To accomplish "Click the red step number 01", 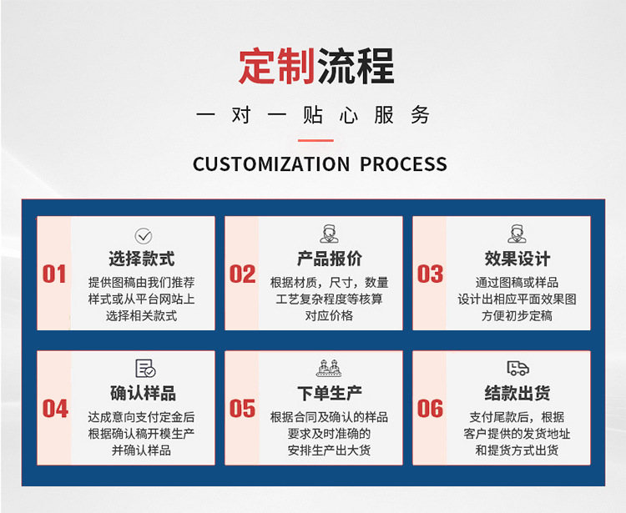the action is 54,274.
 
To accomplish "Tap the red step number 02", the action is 242,274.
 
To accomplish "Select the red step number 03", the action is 430,274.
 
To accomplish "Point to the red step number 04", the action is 55,409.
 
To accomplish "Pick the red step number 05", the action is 242,409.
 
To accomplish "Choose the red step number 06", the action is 430,409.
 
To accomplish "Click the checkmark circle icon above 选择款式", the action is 144,236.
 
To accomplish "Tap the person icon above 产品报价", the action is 330,234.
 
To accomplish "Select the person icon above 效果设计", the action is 517,234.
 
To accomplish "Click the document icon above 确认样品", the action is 145,369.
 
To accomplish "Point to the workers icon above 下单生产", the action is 330,368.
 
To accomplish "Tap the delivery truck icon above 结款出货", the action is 517,369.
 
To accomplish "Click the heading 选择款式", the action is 142,259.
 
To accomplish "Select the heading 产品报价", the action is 330,259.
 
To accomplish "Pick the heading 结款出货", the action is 517,394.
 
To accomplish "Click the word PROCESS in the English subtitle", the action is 403,164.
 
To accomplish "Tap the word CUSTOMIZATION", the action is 271,164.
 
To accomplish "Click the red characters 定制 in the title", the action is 276,66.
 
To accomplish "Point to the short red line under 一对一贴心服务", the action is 316,140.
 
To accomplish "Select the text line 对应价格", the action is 330,315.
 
